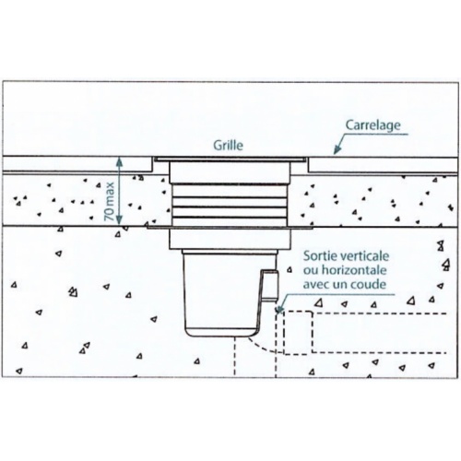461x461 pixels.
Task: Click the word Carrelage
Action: tap(373, 125)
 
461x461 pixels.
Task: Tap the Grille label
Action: tap(228, 145)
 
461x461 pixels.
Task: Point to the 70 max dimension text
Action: tap(110, 201)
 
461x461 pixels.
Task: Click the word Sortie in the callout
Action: tap(318, 256)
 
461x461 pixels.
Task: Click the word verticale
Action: tap(363, 256)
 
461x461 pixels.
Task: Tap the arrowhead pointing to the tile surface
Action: tap(337, 149)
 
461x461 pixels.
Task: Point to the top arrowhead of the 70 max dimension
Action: tap(119, 161)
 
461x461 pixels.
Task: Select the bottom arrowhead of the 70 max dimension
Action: tap(119, 219)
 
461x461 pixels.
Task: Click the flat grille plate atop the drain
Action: tap(230, 159)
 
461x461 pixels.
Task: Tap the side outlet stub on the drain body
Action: tap(269, 284)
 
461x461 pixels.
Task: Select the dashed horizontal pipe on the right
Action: tap(364, 333)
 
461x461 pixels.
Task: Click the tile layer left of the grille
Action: tap(77, 164)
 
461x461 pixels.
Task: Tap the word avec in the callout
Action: tap(316, 285)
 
